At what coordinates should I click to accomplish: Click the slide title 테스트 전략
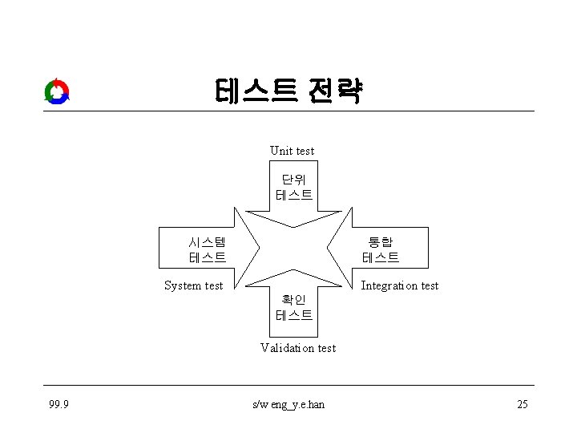tap(288, 92)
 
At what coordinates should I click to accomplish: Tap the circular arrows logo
tap(57, 92)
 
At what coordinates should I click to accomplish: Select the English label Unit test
tap(292, 151)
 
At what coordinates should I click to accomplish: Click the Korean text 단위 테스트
tap(293, 188)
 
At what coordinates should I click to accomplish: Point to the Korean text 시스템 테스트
tap(208, 249)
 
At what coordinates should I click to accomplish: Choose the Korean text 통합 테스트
tap(381, 249)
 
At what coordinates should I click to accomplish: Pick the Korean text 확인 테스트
tap(293, 307)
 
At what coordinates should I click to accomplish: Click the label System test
tap(193, 285)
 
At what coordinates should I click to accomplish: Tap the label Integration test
tap(400, 285)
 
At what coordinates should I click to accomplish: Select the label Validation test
tap(298, 348)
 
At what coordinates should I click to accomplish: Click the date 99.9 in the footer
tap(58, 404)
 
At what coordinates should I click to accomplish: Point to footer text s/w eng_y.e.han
tap(288, 404)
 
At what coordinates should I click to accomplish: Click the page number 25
tap(523, 404)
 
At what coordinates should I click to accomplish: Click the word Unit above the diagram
tap(281, 151)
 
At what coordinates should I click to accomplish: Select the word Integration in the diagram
tap(389, 285)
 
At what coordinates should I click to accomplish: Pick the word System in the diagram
tap(183, 285)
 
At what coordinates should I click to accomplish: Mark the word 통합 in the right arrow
tap(381, 241)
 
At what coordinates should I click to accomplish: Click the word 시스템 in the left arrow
tap(208, 241)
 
